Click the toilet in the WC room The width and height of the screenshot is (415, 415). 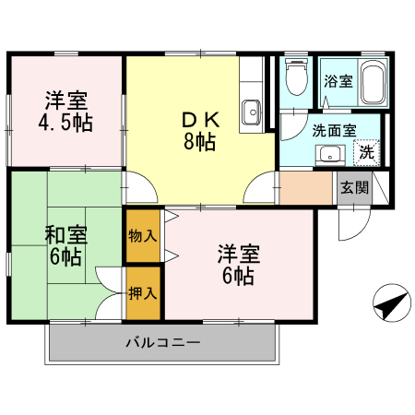pyautogui.click(x=296, y=78)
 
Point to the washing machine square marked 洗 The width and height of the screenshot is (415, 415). pyautogui.click(x=367, y=151)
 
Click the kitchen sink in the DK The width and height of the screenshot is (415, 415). pyautogui.click(x=252, y=113)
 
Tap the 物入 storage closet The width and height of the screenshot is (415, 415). pyautogui.click(x=143, y=235)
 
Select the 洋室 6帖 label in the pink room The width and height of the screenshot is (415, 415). pyautogui.click(x=237, y=263)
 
